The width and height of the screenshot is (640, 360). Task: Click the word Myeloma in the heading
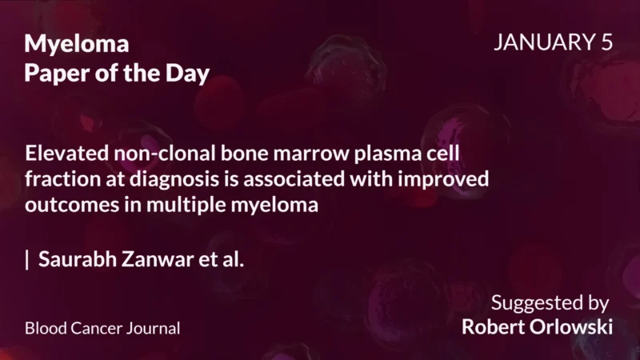[x=77, y=44]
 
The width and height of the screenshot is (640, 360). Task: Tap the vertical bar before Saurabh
[x=28, y=260]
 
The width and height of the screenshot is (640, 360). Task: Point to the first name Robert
[x=490, y=327]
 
